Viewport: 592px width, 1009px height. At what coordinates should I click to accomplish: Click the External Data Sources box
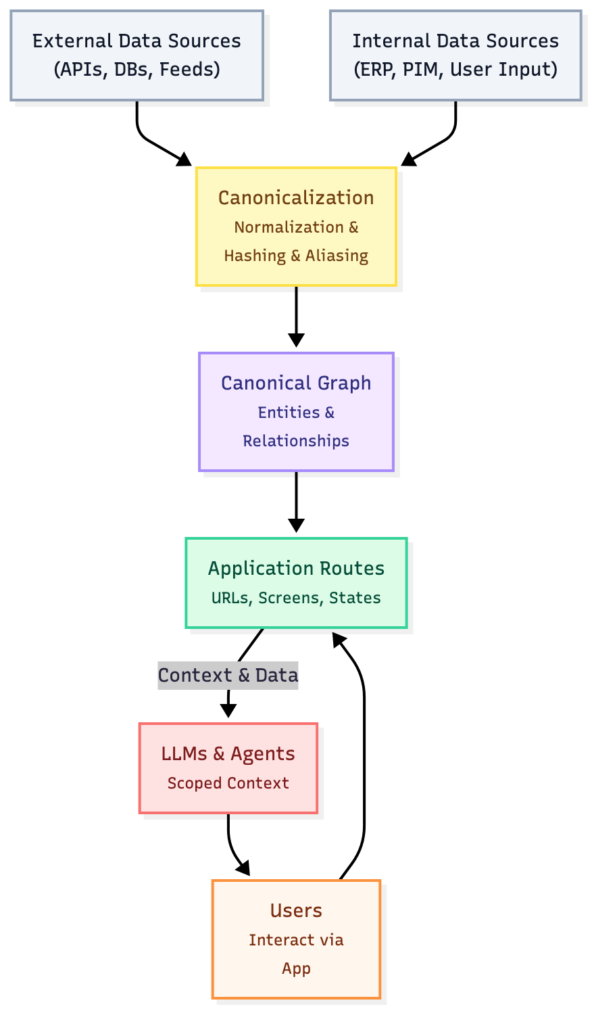click(137, 55)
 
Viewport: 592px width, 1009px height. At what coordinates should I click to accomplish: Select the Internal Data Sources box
click(455, 55)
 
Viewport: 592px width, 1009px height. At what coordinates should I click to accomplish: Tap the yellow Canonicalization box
click(296, 227)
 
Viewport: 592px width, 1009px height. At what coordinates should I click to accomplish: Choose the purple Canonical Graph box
click(296, 411)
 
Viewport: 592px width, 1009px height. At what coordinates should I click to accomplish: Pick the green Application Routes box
click(296, 582)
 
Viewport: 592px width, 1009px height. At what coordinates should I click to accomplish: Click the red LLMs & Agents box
click(228, 768)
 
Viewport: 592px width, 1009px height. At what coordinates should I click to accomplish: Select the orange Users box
click(296, 939)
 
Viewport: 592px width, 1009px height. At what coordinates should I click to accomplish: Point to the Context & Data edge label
click(228, 675)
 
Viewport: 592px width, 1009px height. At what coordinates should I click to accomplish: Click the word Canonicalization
click(296, 197)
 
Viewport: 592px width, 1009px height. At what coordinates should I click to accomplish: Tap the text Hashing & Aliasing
click(296, 256)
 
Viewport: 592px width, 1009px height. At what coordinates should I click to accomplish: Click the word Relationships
click(296, 441)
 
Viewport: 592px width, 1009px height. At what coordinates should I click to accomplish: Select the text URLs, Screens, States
click(296, 598)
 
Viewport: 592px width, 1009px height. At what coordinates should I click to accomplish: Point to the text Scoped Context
click(228, 783)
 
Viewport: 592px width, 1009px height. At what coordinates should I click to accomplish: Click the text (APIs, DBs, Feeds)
click(137, 69)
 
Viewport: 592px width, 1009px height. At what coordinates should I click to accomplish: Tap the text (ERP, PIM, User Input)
click(455, 69)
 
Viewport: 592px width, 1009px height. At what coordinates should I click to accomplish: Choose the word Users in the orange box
click(296, 910)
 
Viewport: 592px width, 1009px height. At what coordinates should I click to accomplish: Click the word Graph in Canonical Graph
click(345, 383)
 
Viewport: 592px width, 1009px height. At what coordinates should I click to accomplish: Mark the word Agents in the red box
click(263, 753)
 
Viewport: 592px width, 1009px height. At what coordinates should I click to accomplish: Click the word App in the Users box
click(296, 968)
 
